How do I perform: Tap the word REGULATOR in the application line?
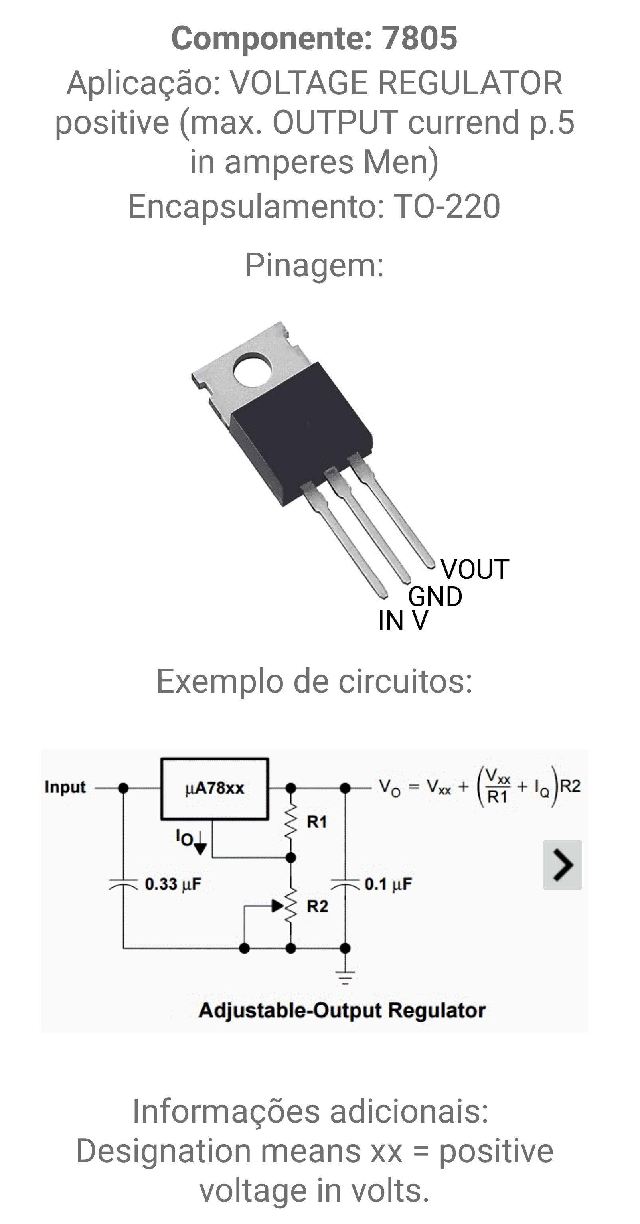click(x=470, y=83)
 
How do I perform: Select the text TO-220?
click(x=446, y=206)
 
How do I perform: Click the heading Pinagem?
click(x=314, y=265)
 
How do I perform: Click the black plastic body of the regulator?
click(x=301, y=433)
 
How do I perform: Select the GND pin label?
click(x=435, y=596)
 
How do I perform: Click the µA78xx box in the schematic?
click(x=214, y=789)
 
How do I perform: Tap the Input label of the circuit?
click(x=65, y=787)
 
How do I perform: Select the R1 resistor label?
click(x=317, y=821)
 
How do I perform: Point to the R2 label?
click(x=317, y=906)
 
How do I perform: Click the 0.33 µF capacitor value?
click(x=173, y=884)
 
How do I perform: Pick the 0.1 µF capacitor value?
click(x=388, y=884)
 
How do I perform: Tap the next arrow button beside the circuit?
click(x=563, y=865)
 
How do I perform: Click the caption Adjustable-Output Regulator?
click(x=342, y=1010)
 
